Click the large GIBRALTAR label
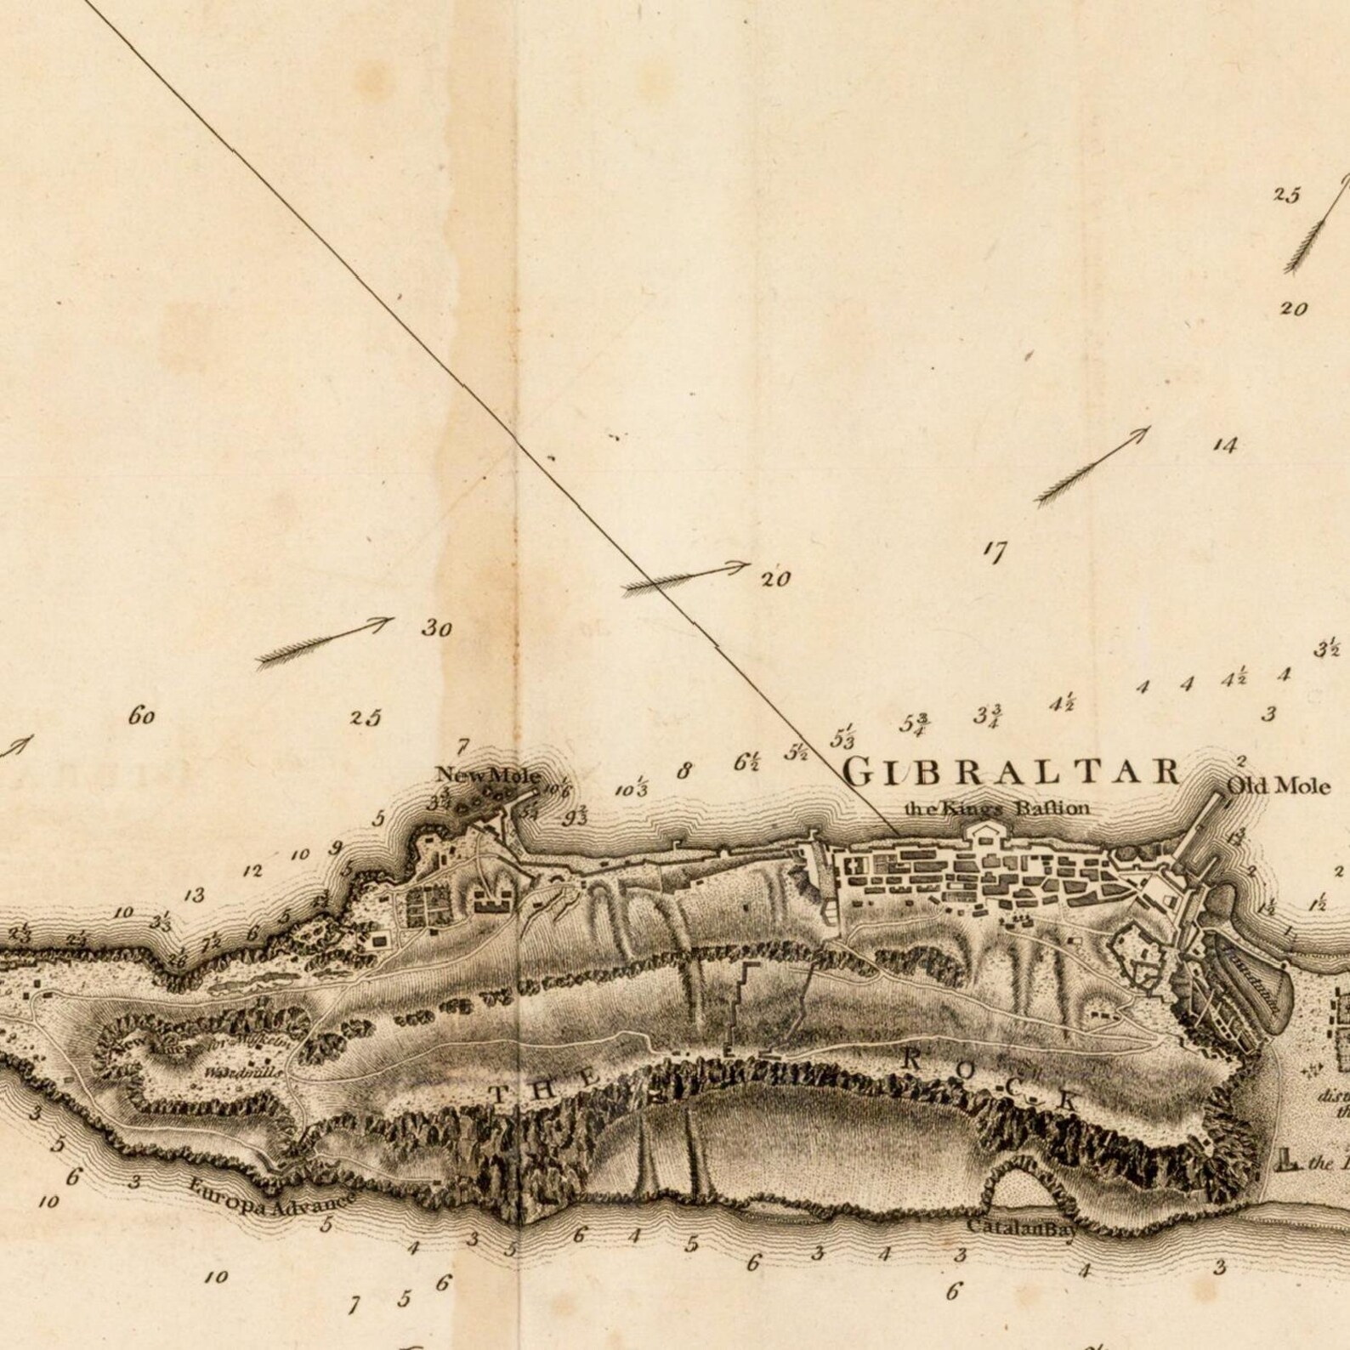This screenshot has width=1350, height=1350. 1012,772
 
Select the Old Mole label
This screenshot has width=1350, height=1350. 1279,786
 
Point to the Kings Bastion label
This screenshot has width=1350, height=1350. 995,808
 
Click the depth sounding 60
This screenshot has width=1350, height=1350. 142,717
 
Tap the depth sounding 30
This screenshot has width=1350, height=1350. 436,629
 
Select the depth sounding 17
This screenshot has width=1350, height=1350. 994,553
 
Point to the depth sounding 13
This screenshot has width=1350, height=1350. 195,895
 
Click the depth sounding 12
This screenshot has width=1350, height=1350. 252,871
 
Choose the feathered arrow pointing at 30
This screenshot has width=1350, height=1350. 323,643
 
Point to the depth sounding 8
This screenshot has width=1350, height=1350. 684,772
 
